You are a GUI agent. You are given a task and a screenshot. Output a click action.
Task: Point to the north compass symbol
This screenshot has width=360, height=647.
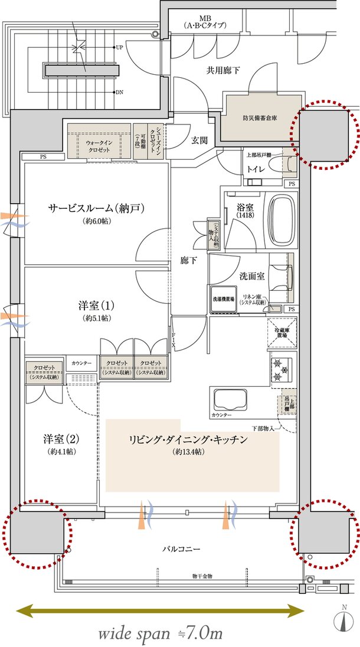[x=344, y=621]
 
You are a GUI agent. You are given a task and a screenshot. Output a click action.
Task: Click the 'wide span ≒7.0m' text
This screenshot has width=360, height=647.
[x=160, y=633]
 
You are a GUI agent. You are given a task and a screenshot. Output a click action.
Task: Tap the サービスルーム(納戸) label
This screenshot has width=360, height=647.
[x=97, y=208]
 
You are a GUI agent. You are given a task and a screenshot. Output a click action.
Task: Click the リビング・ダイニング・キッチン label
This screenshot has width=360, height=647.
[x=188, y=440]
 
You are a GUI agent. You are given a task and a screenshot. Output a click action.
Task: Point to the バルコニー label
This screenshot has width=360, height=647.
[x=181, y=549]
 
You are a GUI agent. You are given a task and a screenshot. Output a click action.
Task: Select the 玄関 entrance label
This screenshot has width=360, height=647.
[x=199, y=140]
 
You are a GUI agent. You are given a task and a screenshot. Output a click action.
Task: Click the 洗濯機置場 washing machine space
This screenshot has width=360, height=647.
[x=223, y=299]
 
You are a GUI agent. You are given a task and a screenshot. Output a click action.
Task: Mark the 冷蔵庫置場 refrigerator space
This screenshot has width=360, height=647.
[x=280, y=331]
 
